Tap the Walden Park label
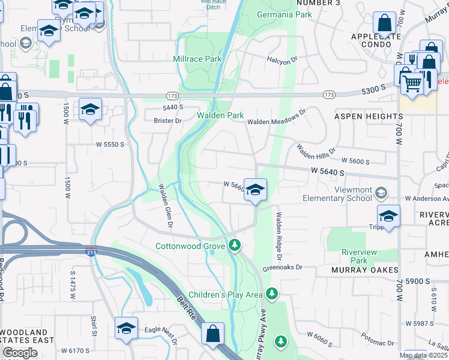tap(221, 115)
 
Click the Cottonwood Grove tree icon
tap(235, 245)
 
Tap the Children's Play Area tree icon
tap(273, 293)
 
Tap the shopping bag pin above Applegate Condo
tap(384, 24)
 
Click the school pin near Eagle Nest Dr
tap(127, 329)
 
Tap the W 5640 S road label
tap(327, 172)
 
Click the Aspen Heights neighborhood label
tap(368, 116)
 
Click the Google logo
tap(20, 353)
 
